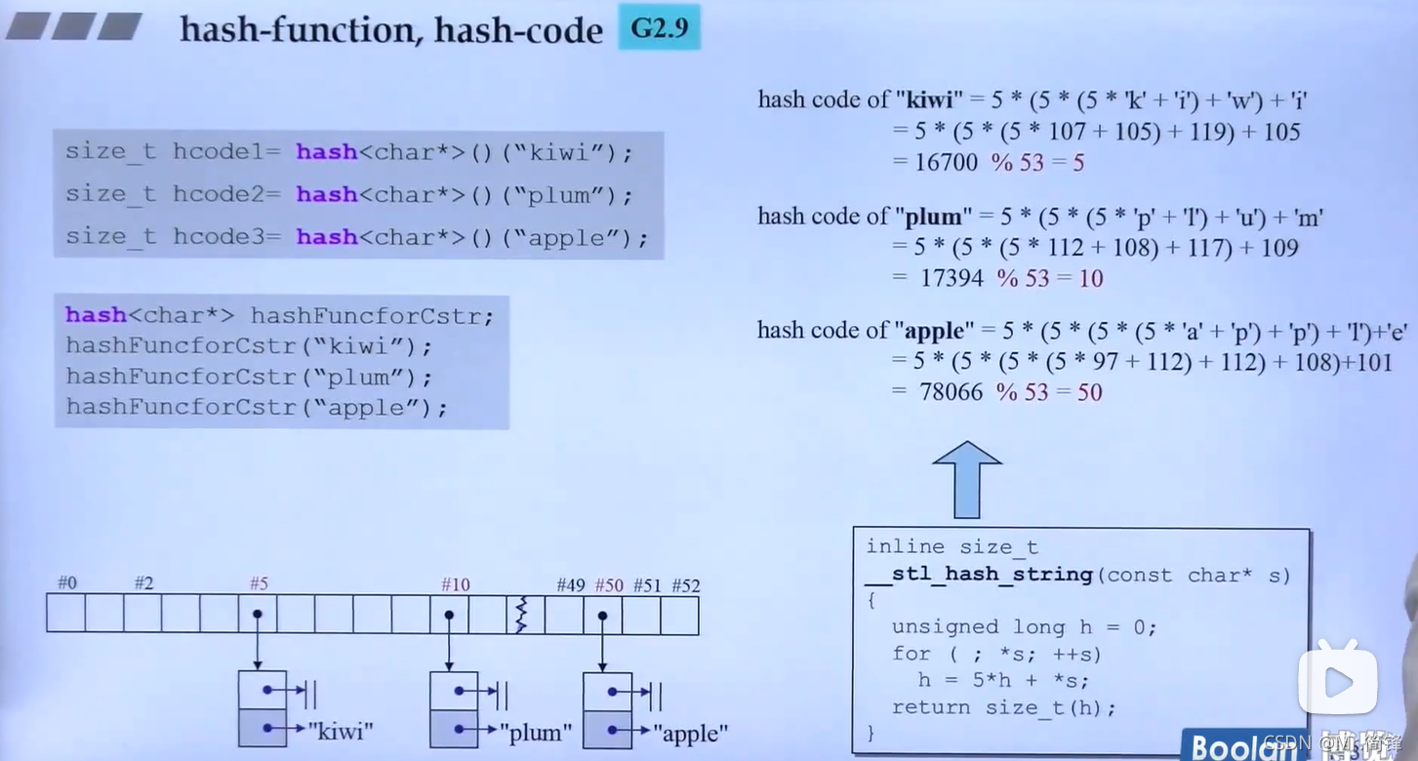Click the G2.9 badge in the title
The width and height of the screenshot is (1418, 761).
[660, 27]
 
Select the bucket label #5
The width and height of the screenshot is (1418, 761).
[259, 583]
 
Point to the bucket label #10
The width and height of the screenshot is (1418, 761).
[455, 584]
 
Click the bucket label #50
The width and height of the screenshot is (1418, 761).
[609, 585]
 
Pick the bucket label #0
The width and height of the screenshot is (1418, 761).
[66, 583]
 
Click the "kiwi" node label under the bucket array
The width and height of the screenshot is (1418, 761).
[341, 730]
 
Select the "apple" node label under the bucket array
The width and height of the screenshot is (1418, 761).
[690, 732]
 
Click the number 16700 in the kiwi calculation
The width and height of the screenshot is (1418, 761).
[946, 162]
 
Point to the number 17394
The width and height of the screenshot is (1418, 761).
[951, 278]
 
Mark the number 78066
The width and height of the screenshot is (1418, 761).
[951, 392]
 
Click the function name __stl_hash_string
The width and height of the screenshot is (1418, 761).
[979, 575]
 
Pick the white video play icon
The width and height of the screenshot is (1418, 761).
[1337, 680]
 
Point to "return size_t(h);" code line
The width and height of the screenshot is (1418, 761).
[1003, 707]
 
